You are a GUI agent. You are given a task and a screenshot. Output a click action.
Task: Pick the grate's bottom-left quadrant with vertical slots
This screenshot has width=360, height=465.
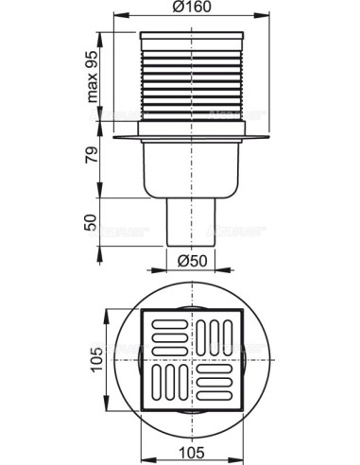coord(170,385)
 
